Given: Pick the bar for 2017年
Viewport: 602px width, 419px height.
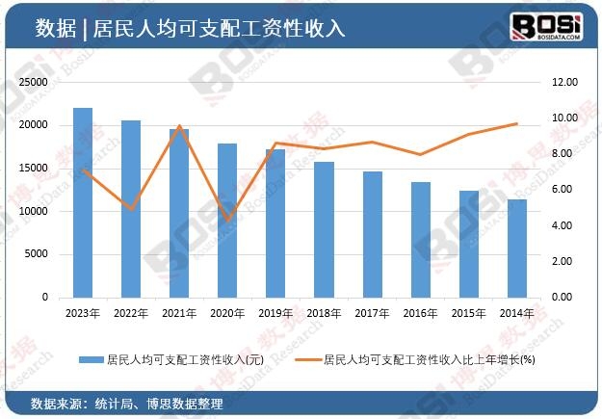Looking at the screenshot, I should (373, 234).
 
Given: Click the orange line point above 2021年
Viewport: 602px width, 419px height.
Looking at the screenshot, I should (179, 126).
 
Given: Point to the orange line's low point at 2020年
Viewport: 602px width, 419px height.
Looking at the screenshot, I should (227, 221).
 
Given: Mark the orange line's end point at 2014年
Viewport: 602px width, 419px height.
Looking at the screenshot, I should (517, 123).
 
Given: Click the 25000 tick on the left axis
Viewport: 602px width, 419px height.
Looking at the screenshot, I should (34, 83).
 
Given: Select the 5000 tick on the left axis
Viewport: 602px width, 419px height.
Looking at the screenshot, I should (37, 254).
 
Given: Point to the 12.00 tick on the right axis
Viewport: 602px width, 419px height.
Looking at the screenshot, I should (563, 83).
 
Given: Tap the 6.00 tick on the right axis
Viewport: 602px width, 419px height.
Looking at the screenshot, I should (563, 190).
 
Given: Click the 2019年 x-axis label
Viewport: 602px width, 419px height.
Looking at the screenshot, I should (275, 313).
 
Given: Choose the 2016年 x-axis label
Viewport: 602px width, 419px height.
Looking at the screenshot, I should (421, 313).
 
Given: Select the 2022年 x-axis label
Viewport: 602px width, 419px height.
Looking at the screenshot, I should (131, 313).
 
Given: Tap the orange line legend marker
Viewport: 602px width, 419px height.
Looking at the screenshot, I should (306, 359).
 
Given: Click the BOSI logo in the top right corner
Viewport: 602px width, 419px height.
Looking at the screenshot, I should (545, 26).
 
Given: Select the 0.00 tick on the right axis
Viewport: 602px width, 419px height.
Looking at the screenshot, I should (563, 298).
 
